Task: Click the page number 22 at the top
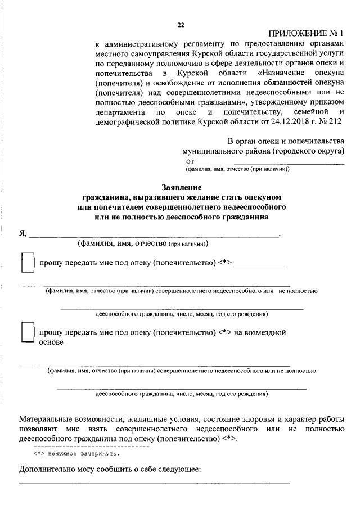pyautogui.click(x=181, y=25)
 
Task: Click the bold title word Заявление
pyautogui.click(x=181, y=187)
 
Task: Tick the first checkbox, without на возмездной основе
pyautogui.click(x=27, y=263)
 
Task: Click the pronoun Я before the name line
pyautogui.click(x=22, y=234)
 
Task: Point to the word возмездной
pyautogui.click(x=260, y=332)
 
